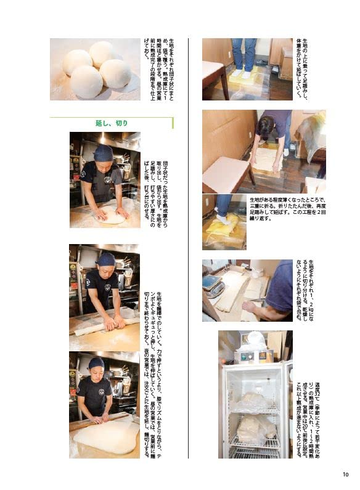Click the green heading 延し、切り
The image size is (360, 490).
pos(112,123)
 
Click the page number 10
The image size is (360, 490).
pos(345,474)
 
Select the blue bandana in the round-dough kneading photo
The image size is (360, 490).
pos(104,151)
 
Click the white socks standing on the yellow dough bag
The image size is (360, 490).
pos(245,71)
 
